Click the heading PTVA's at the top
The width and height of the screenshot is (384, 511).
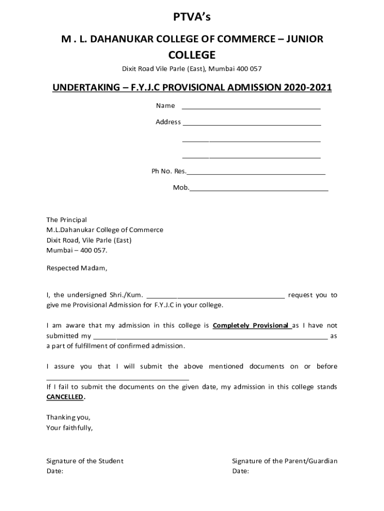[192, 18]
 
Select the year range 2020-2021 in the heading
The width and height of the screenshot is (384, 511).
[308, 88]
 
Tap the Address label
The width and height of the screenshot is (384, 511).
[168, 122]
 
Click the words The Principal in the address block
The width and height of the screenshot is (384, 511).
[66, 220]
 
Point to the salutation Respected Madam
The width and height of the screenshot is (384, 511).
[77, 268]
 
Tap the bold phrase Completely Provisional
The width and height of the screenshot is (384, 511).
[251, 325]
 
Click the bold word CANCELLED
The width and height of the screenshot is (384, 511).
[65, 397]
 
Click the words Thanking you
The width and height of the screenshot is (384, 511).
[68, 417]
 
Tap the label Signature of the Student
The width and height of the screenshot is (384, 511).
[85, 461]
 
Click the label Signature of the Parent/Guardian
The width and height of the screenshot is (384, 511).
[285, 461]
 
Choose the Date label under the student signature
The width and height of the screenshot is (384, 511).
[55, 471]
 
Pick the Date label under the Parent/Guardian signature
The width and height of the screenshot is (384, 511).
[240, 471]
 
